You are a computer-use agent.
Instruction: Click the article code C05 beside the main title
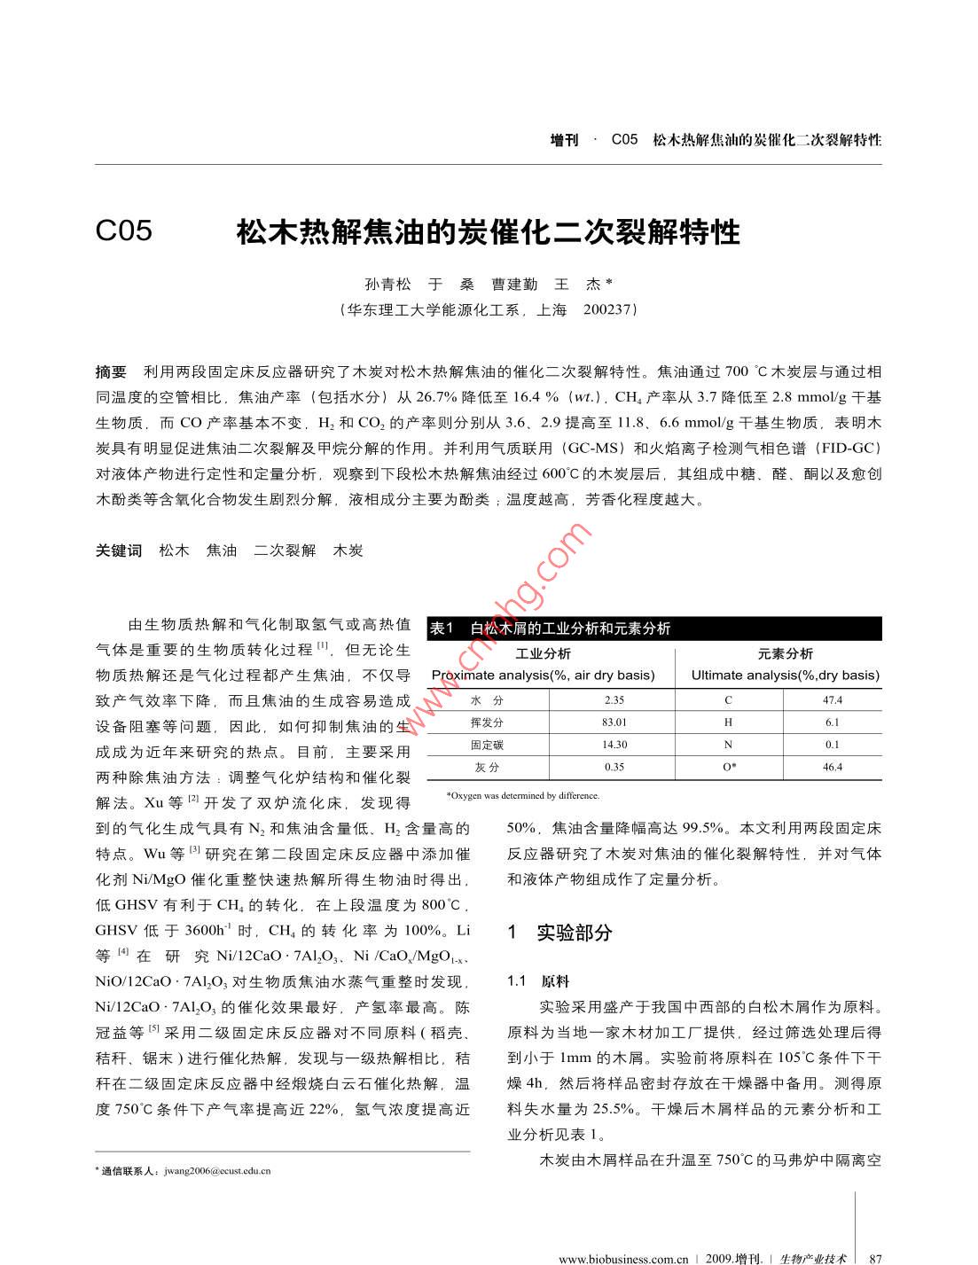coord(123,230)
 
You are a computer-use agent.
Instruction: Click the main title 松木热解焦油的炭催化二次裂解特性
coord(488,232)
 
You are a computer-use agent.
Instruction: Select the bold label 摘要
coord(111,371)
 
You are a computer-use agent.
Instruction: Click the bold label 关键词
coord(119,551)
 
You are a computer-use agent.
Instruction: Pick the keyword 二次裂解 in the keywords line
coord(285,551)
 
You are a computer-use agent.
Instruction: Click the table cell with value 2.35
coord(614,699)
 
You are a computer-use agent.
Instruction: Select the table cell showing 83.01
coord(614,722)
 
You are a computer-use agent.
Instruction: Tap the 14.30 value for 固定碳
coord(614,745)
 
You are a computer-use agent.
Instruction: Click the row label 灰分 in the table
coord(487,767)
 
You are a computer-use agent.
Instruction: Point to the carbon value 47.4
coord(832,699)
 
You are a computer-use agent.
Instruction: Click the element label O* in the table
coord(729,767)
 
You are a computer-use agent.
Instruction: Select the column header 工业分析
coord(543,654)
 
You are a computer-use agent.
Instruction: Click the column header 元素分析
coord(785,654)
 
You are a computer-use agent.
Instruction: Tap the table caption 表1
coord(442,629)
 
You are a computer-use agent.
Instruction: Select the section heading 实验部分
coord(575,933)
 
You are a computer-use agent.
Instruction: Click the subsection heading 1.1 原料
coord(538,981)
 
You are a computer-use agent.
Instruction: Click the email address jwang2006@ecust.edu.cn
coord(217,1170)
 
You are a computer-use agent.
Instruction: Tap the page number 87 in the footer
coord(876,1258)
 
